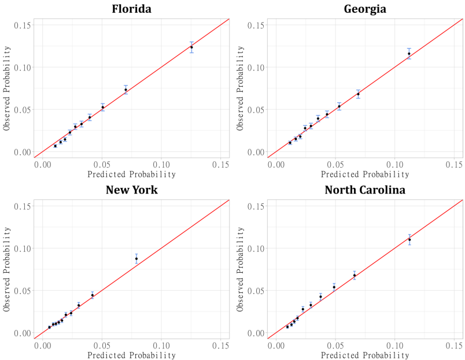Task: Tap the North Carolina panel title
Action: [365, 190]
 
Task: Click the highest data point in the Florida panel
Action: [191, 47]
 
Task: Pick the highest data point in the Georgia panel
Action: [409, 54]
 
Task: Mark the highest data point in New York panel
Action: [136, 259]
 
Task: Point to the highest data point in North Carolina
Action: [409, 239]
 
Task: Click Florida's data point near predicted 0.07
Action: [126, 90]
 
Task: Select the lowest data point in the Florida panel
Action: [56, 146]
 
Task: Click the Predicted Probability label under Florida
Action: [131, 174]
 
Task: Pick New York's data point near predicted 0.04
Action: [93, 295]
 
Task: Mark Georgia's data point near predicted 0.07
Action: [358, 94]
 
